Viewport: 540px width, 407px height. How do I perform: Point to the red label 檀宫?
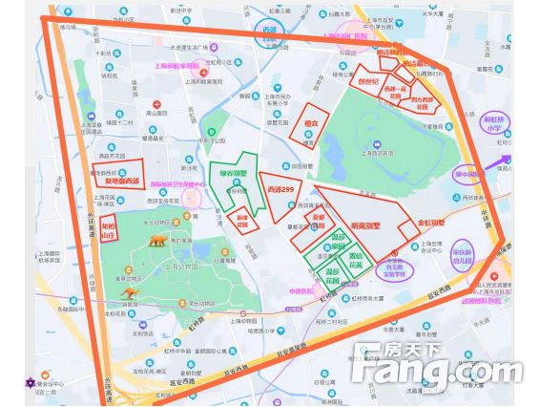(x=310, y=123)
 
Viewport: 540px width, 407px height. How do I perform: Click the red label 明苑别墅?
(x=365, y=225)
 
